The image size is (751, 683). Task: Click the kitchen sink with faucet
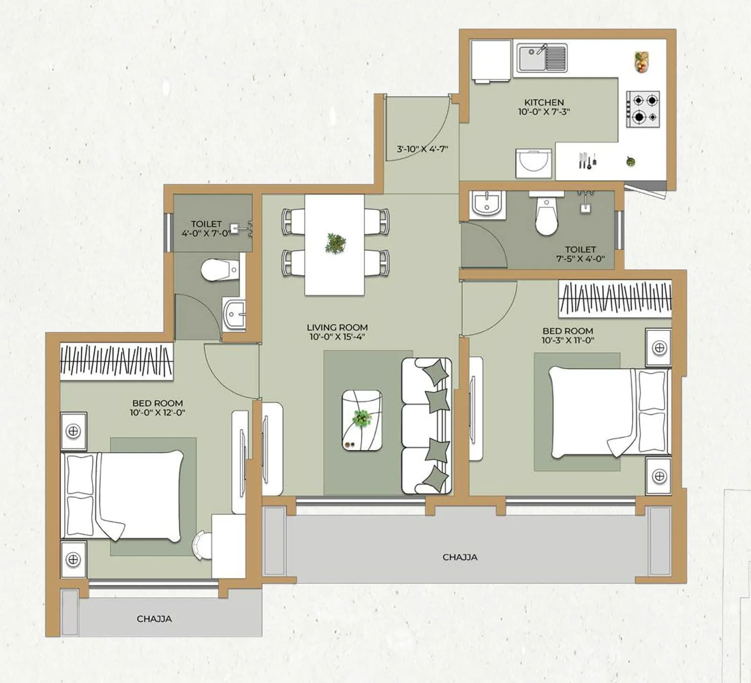542,58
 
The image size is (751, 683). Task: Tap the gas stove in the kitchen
643,109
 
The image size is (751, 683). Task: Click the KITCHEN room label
544,102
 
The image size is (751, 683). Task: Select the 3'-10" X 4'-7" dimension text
422,149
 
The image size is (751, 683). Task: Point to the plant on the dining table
336,243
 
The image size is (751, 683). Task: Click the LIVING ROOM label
337,327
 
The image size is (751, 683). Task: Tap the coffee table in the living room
362,420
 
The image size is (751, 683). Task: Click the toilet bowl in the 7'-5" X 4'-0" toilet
546,217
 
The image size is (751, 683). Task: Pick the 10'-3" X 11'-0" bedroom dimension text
567,341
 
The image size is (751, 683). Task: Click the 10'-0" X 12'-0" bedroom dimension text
158,413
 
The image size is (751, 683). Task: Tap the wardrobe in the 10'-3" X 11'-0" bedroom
615,299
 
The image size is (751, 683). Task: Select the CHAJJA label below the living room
460,557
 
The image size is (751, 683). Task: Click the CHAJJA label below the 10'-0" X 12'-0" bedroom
154,619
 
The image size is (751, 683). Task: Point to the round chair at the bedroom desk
203,545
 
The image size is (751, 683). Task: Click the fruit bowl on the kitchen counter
642,62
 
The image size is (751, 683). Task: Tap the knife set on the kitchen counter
587,161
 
